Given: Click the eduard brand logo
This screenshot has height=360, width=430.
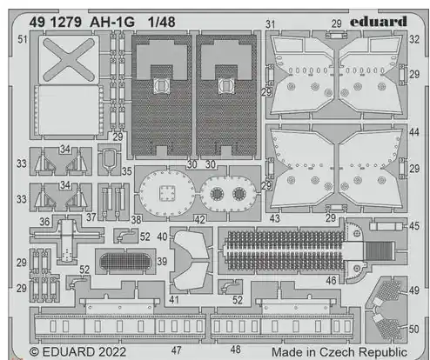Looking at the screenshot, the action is (379, 22).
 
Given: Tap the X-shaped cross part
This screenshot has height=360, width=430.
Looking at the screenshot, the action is (69, 60).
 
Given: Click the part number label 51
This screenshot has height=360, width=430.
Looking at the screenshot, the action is (23, 39).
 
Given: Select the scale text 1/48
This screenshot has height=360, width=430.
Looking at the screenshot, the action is (161, 22).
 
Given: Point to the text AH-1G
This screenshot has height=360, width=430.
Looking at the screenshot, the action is (112, 22).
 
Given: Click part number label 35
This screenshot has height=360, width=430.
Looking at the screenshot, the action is (127, 171).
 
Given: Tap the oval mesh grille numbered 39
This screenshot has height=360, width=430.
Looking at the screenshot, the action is (125, 262).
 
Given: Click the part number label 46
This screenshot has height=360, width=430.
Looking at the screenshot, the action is (331, 280).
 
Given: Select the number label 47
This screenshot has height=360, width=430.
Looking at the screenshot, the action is (176, 350).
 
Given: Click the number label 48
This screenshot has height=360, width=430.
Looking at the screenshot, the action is (235, 350).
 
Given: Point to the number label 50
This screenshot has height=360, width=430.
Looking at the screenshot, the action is (413, 330).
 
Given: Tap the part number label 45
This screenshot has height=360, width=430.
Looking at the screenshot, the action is (414, 226).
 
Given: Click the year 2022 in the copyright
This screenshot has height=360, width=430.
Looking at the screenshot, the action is (112, 352).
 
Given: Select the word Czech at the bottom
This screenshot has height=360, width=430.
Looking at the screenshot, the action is (337, 352).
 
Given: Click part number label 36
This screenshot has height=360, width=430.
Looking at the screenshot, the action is (44, 222).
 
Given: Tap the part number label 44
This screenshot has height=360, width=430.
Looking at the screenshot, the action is (414, 132).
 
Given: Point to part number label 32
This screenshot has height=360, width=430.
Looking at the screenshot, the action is (414, 39).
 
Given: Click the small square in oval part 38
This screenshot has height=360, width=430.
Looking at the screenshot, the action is (167, 193).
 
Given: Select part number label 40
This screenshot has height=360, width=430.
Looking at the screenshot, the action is (162, 237).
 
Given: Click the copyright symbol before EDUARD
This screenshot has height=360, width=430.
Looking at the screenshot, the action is (34, 352).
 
